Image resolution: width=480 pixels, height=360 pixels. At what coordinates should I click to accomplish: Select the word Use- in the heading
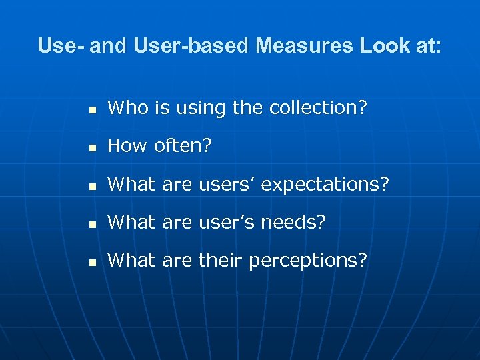[61, 46]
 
